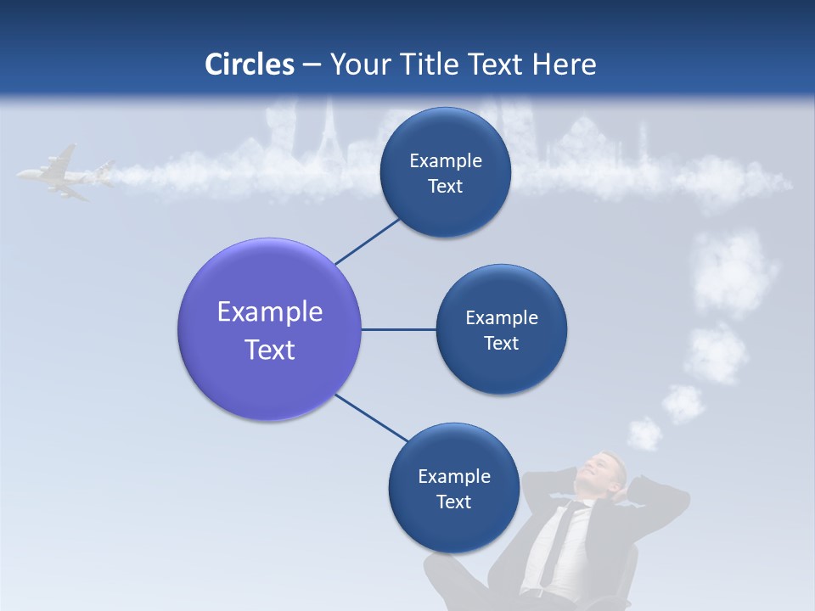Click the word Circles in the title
[250, 64]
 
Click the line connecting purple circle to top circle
[368, 241]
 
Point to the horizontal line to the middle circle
[398, 329]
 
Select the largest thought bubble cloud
[733, 272]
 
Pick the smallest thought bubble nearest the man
[645, 434]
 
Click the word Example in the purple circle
[270, 312]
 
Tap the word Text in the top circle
[445, 187]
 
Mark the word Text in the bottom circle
[453, 502]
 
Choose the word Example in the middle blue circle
[501, 318]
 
